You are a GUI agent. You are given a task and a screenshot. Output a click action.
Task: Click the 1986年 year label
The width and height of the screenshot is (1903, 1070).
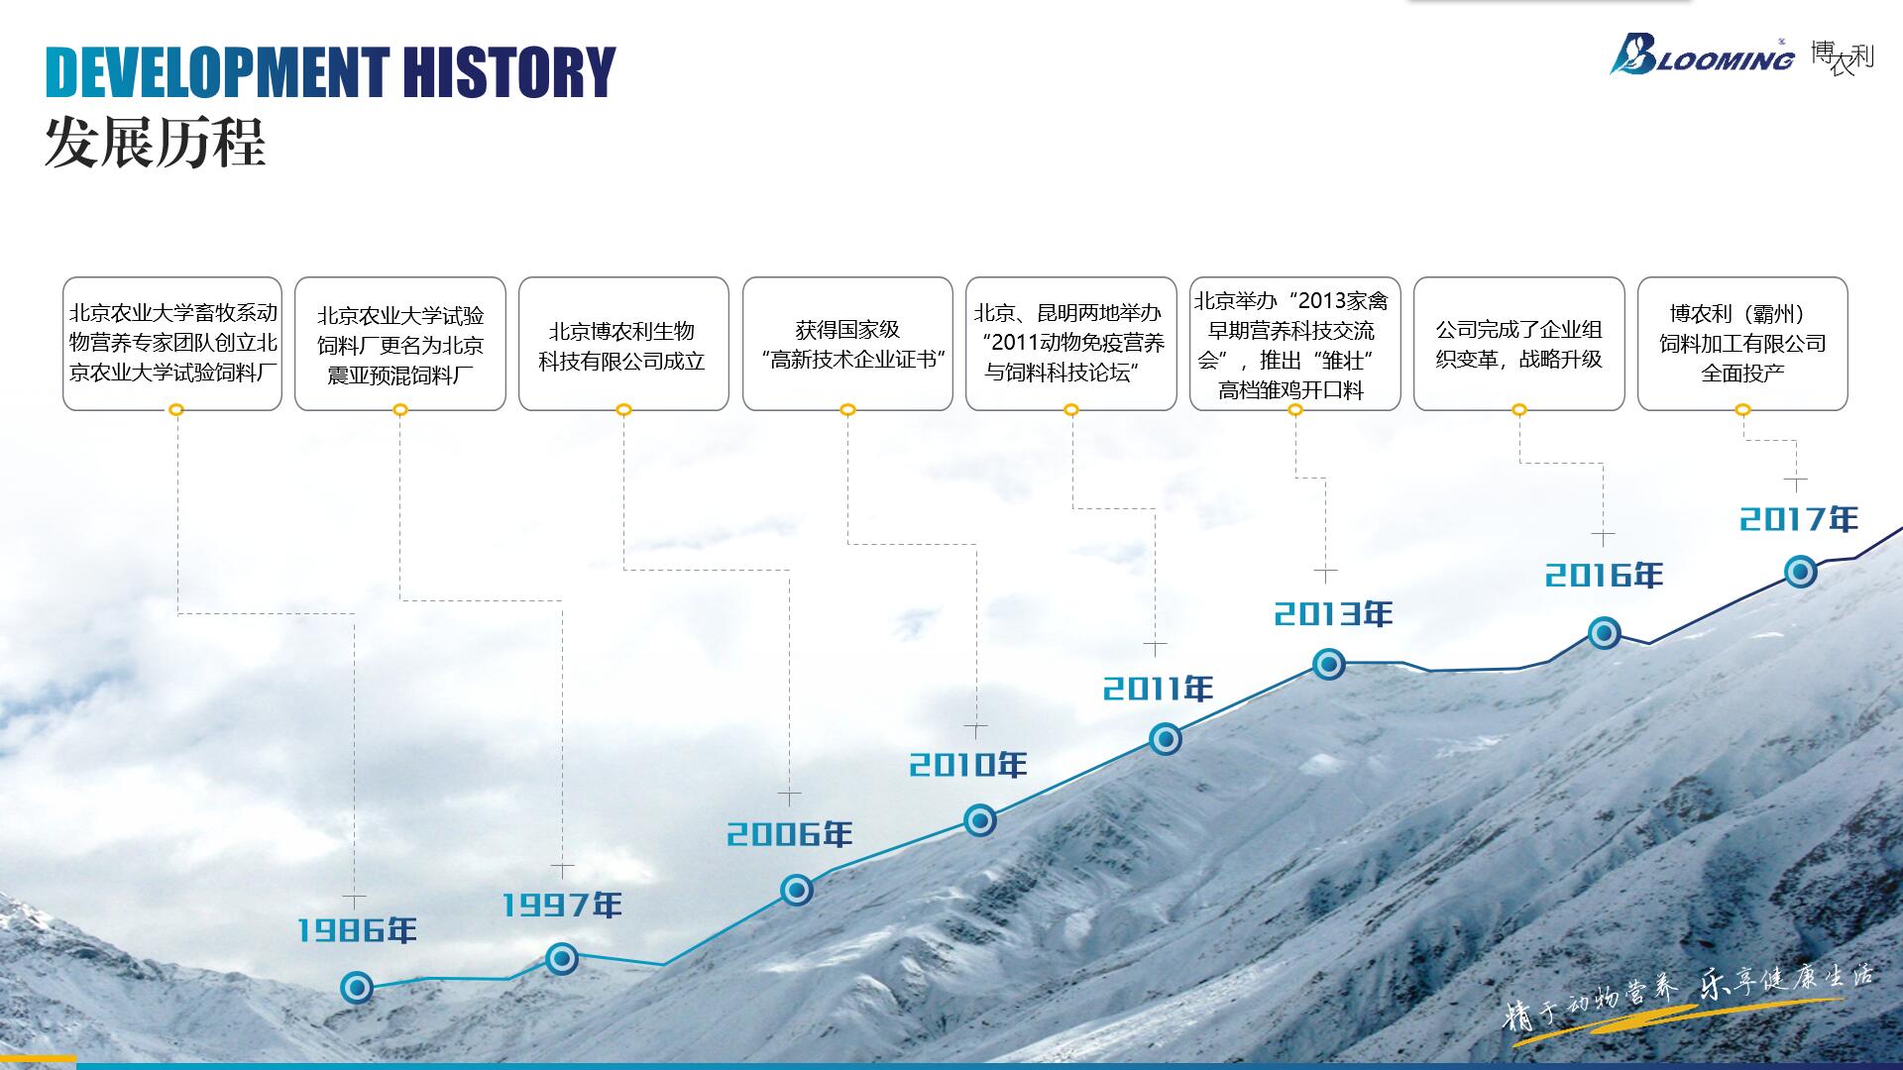pos(357,929)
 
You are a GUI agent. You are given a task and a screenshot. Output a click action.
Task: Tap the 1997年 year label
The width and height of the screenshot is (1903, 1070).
pos(562,905)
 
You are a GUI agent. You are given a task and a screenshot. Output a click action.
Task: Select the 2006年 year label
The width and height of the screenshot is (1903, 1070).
pos(790,834)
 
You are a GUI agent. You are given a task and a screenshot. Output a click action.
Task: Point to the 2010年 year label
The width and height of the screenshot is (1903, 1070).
pos(968,765)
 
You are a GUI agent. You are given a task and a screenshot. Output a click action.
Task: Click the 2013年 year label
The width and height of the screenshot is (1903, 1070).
pos(1333,614)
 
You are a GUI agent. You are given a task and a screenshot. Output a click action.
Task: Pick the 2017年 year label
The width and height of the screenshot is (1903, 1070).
pos(1799,519)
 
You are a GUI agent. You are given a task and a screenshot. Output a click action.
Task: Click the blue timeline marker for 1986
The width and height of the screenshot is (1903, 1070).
pos(357,988)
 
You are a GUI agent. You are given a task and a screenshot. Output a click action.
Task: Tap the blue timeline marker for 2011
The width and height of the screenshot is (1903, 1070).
pos(1166,739)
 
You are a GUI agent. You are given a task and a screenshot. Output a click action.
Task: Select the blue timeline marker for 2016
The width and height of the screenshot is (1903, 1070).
pos(1605,633)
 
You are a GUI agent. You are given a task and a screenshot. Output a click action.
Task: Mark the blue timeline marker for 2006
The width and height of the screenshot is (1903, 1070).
pos(796,890)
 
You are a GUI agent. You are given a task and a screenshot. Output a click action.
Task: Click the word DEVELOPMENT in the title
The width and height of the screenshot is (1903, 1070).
pos(218,72)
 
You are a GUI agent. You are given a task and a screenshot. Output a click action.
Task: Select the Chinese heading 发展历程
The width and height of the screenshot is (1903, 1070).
pos(155,144)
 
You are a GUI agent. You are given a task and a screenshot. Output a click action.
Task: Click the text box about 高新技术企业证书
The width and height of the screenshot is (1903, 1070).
pos(847,344)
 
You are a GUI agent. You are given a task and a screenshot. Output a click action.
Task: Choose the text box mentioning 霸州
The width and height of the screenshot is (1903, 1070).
pos(1742,344)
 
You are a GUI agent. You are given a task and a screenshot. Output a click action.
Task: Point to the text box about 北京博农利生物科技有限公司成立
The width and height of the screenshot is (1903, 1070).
pos(623,344)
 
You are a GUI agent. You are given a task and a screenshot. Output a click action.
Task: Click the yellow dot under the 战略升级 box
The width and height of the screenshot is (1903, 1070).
pos(1519,410)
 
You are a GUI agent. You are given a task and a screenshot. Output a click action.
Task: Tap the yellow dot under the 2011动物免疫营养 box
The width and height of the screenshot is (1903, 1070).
pos(1071,410)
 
